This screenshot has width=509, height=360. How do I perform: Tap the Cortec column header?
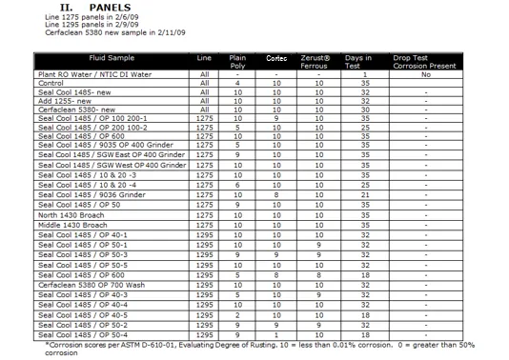tap(276, 59)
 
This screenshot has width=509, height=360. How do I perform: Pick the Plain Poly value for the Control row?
tap(238, 84)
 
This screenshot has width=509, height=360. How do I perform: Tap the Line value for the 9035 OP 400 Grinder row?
tap(203, 142)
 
